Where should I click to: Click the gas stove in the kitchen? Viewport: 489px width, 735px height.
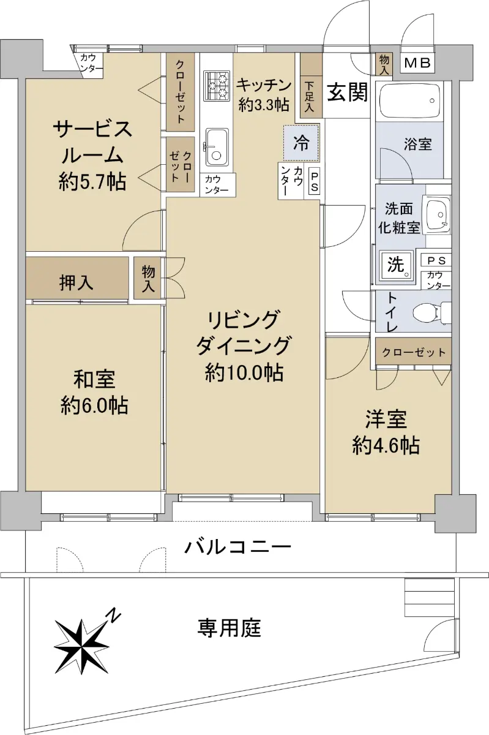pyautogui.click(x=216, y=86)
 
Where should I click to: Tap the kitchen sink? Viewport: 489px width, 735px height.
pyautogui.click(x=217, y=147)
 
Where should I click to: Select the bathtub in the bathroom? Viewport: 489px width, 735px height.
pyautogui.click(x=409, y=100)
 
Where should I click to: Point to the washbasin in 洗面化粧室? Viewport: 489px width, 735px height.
pyautogui.click(x=437, y=214)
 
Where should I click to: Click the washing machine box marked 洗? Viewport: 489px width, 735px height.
pyautogui.click(x=396, y=265)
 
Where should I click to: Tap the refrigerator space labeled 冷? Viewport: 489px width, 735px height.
pyautogui.click(x=301, y=143)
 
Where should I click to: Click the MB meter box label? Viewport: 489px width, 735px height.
pyautogui.click(x=417, y=62)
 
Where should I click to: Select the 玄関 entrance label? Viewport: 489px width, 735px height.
pyautogui.click(x=348, y=92)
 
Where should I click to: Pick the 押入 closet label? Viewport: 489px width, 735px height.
pyautogui.click(x=76, y=282)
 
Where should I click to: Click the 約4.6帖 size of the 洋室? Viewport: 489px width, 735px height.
pyautogui.click(x=386, y=446)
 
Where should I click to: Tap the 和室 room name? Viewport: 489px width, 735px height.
pyautogui.click(x=94, y=379)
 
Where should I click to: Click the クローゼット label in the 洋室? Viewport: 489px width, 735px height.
pyautogui.click(x=414, y=352)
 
